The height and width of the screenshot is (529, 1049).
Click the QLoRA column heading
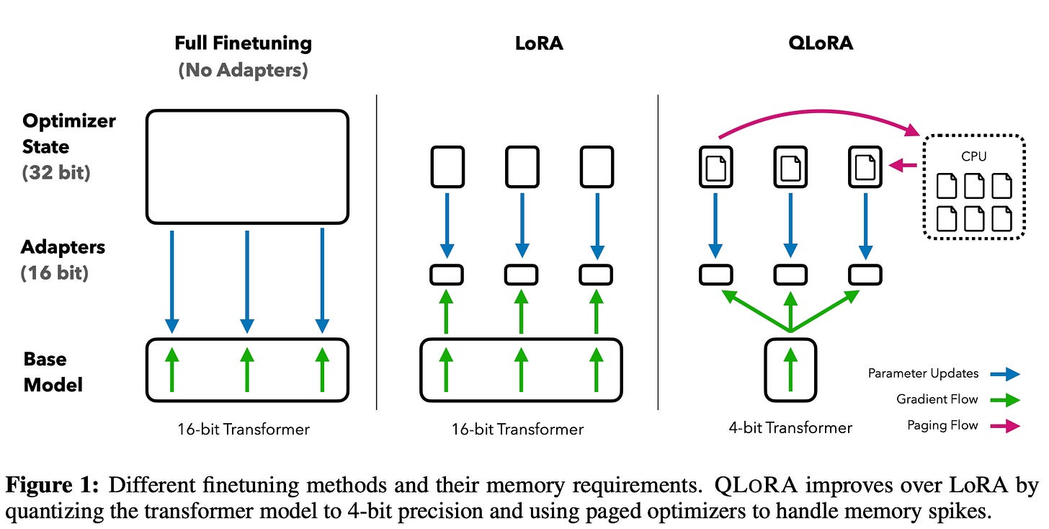(x=821, y=43)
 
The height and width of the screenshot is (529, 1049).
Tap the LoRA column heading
(x=539, y=43)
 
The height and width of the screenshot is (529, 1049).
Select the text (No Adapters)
(x=243, y=71)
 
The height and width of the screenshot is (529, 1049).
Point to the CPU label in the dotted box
(x=973, y=156)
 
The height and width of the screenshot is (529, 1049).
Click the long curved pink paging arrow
(x=820, y=112)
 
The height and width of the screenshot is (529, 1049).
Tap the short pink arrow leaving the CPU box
(x=903, y=165)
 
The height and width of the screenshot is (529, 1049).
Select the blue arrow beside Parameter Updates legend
(x=1005, y=374)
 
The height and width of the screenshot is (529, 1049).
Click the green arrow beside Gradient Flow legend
(x=1005, y=400)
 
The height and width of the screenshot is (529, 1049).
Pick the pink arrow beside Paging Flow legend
(x=1005, y=426)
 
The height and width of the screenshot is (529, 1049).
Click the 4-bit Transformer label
(x=790, y=428)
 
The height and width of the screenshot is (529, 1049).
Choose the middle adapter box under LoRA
(x=521, y=275)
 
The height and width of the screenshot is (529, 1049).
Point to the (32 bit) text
(x=56, y=172)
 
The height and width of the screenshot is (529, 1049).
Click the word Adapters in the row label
(x=63, y=247)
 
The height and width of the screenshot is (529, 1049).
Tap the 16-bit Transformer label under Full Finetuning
(x=244, y=430)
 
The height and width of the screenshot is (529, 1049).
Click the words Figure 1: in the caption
(x=52, y=484)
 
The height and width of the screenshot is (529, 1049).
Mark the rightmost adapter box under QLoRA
(x=865, y=275)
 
